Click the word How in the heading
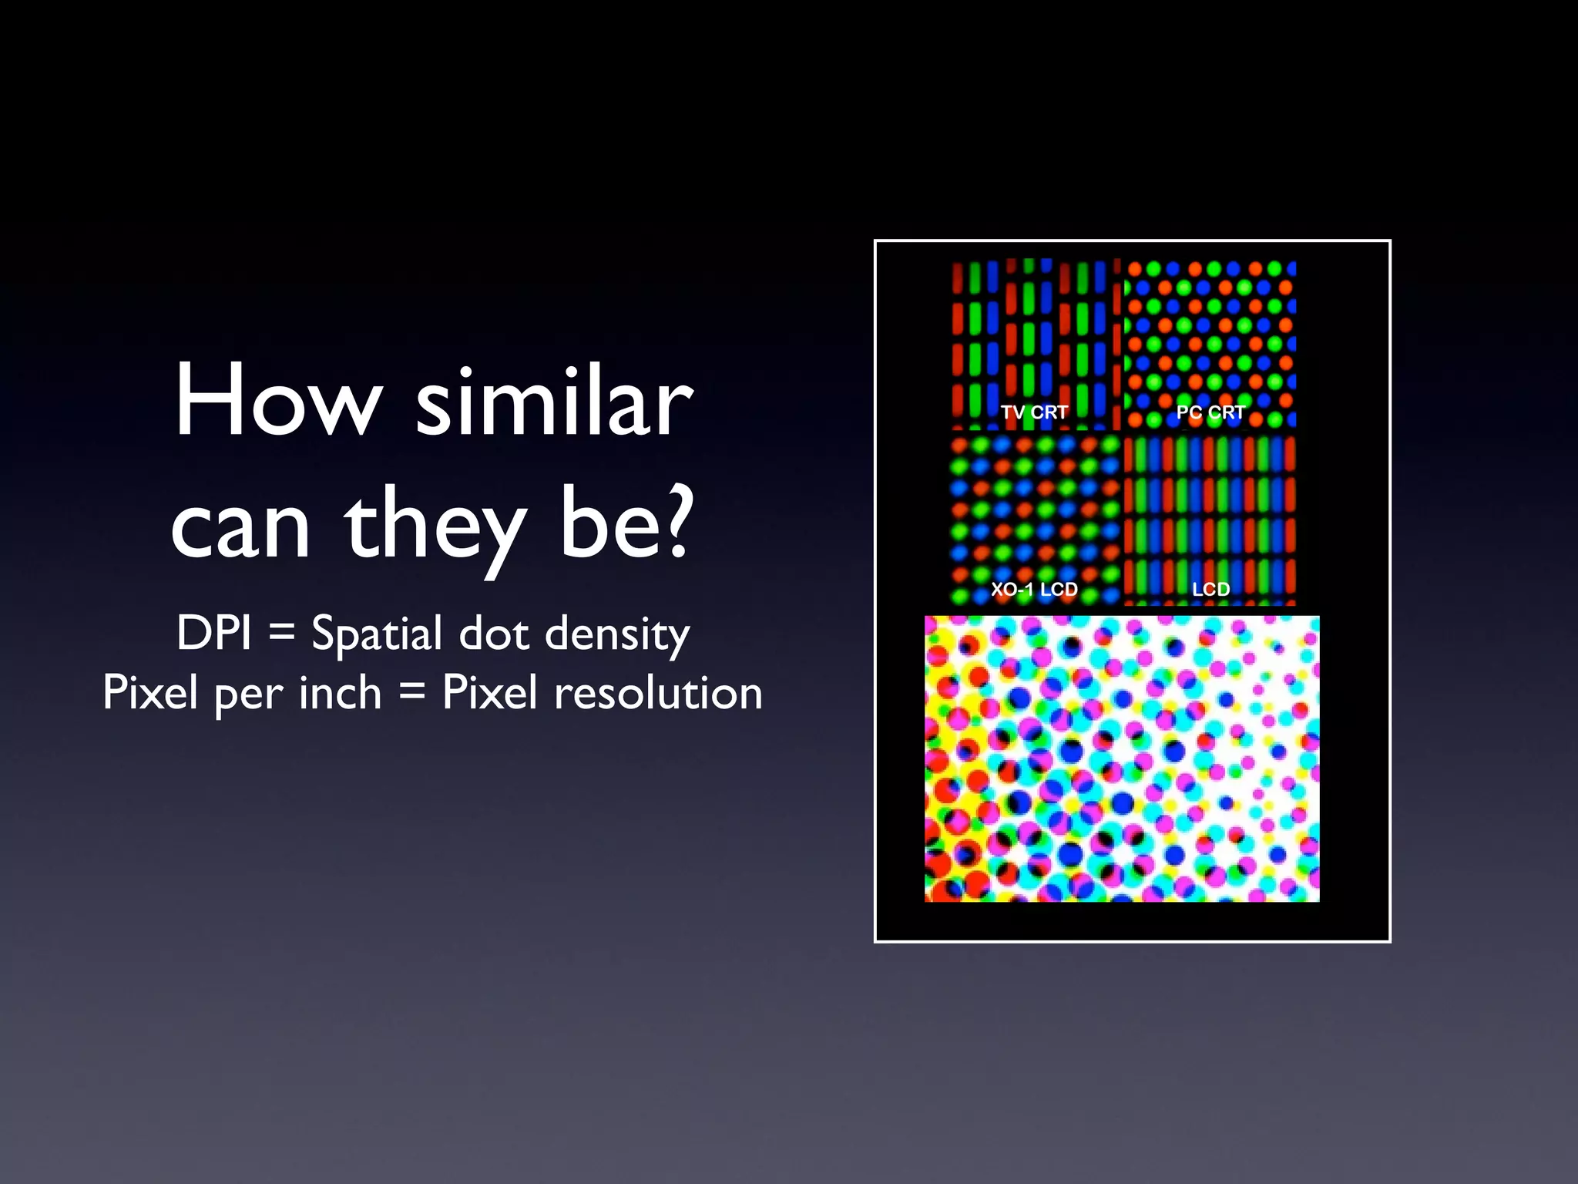click(277, 401)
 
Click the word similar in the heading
click(554, 401)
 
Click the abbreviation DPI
click(214, 634)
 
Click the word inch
click(340, 692)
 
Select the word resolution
click(658, 692)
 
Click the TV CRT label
click(1034, 412)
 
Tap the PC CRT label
click(1210, 412)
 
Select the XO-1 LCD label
click(1034, 590)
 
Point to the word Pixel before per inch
click(151, 692)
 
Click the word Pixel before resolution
click(489, 692)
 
